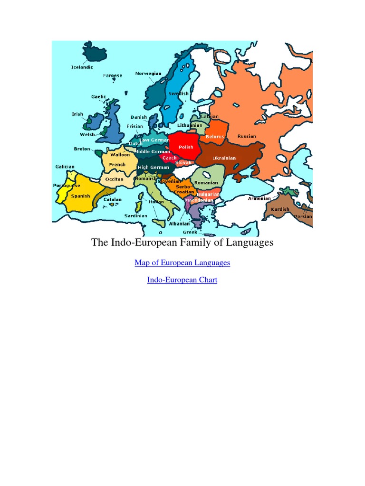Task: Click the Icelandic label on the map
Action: (x=82, y=67)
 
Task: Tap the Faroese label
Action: (x=113, y=75)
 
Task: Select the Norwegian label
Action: (x=148, y=74)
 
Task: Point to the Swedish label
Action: (x=178, y=93)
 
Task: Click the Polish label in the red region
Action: (x=186, y=147)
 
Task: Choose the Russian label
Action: (x=247, y=136)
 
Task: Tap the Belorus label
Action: (x=214, y=137)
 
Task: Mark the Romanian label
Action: (x=206, y=183)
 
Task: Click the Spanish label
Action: (x=80, y=196)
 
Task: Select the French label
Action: (x=117, y=165)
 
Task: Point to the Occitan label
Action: (x=114, y=179)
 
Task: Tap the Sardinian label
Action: (x=135, y=215)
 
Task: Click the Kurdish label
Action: (x=279, y=209)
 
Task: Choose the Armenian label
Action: (x=259, y=198)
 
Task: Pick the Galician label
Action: (x=65, y=167)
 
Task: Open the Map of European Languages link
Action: (x=182, y=262)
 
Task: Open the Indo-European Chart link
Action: (x=182, y=280)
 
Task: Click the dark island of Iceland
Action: (x=95, y=51)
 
